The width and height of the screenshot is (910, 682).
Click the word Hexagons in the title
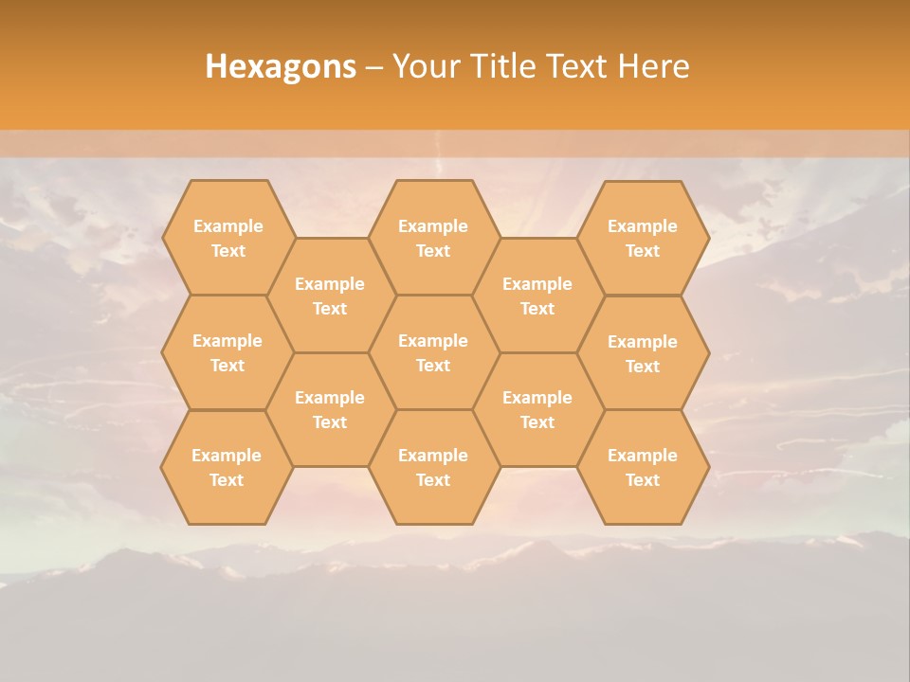coord(281,66)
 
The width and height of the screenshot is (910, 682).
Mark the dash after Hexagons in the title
coord(373,67)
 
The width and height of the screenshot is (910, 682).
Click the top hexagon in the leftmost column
coord(227,238)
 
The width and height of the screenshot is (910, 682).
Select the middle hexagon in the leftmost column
coord(227,352)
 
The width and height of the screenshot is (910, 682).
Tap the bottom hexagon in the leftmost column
coord(227,467)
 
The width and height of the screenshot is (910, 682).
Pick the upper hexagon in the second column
coord(330,296)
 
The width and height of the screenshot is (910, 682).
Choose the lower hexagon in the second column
coord(330,409)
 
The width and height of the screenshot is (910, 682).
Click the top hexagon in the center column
coord(433,238)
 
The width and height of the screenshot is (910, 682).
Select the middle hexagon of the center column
coord(433,352)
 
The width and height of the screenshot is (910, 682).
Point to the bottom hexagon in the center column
coord(433,467)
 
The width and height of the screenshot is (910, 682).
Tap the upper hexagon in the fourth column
coord(537,296)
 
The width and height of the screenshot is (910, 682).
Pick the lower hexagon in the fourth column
coord(537,409)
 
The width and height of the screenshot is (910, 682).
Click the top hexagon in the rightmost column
coord(643,238)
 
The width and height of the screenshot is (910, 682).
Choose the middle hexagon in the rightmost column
coord(643,353)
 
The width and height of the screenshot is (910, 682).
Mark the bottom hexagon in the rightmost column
coord(643,467)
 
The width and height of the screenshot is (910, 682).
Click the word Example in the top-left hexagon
coord(227,226)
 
